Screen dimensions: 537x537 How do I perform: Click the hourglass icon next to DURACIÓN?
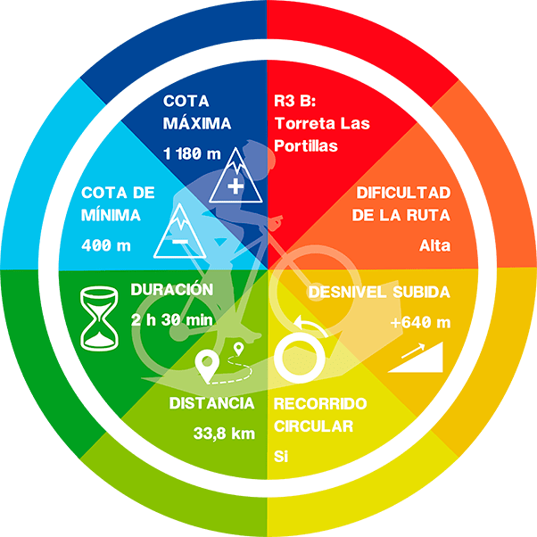point(99,318)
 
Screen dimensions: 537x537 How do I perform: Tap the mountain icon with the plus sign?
point(235,176)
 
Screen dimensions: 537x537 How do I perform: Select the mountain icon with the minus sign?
point(180,230)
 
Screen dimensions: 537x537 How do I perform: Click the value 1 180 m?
point(192,153)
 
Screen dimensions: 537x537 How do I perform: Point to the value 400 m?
point(106,245)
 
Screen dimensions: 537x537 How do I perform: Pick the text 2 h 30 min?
point(171,320)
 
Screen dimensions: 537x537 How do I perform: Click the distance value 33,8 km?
point(224,434)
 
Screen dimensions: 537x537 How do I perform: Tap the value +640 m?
point(420,322)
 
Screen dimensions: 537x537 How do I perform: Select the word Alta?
point(435,245)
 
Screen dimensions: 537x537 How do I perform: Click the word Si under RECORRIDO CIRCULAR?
point(281,456)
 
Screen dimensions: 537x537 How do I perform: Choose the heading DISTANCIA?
point(211,403)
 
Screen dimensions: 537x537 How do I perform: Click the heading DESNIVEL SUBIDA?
point(379,292)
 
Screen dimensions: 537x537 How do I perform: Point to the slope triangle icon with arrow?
point(416,357)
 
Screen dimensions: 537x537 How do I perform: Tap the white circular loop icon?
point(300,358)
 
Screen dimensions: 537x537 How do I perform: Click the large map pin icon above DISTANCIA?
point(207,366)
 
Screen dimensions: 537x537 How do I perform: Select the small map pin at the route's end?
point(238,349)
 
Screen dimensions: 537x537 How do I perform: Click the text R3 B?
point(295,101)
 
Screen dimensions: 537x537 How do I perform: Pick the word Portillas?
point(306,146)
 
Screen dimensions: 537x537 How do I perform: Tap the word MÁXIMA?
point(197,123)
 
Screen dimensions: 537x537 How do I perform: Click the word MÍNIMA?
point(111,215)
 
